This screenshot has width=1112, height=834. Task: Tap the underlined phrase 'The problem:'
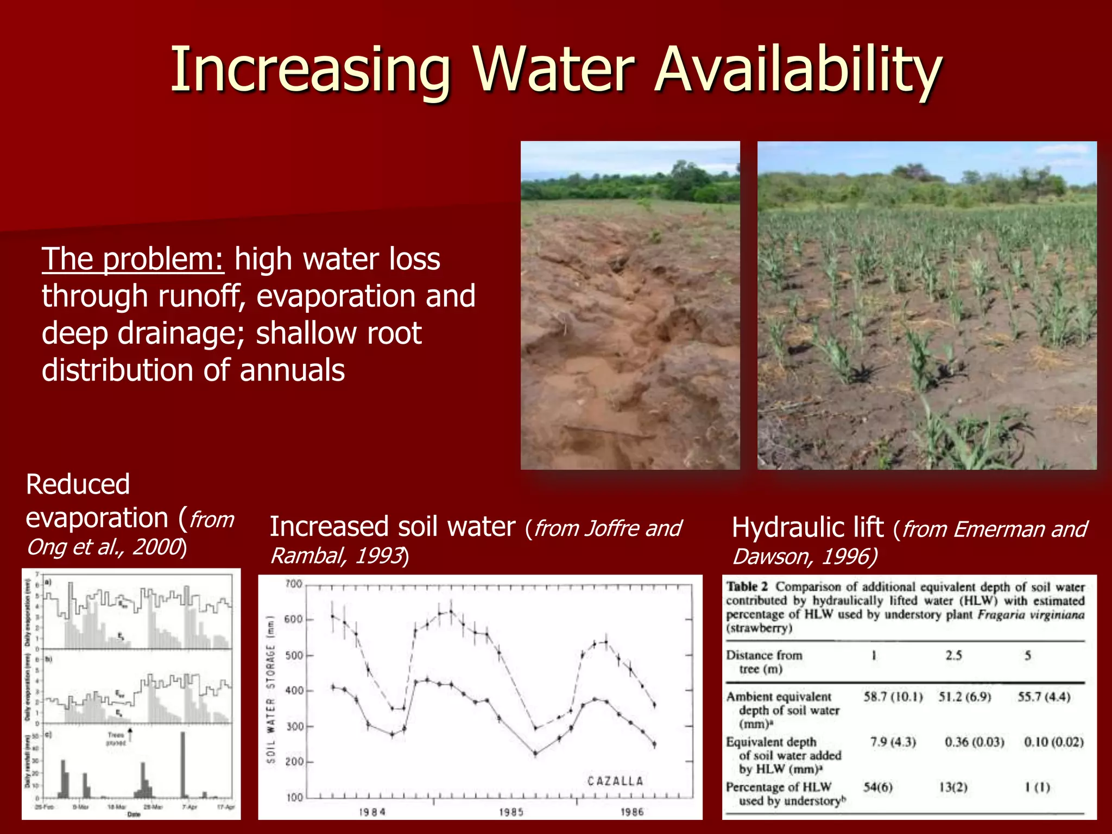point(132,259)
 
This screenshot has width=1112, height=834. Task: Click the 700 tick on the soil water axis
point(293,584)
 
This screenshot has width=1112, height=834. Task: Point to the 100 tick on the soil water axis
point(293,798)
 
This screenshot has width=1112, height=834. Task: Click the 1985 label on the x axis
point(511,812)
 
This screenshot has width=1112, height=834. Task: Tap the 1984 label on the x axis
point(372,812)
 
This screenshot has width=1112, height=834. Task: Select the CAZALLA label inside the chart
point(615,781)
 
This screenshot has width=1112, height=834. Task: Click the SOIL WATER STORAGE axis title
point(271,689)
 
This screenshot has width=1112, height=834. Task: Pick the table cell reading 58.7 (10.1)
point(893,697)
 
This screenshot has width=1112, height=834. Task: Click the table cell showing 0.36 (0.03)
point(974,742)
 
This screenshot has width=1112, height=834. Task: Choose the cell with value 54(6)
point(878,787)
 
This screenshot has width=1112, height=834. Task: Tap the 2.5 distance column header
point(953,655)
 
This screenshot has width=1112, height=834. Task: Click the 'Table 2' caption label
point(747,587)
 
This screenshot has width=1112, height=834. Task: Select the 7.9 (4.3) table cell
point(893,742)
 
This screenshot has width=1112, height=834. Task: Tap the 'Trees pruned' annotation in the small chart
point(116,738)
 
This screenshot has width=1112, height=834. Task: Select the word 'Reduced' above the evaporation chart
point(78,484)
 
